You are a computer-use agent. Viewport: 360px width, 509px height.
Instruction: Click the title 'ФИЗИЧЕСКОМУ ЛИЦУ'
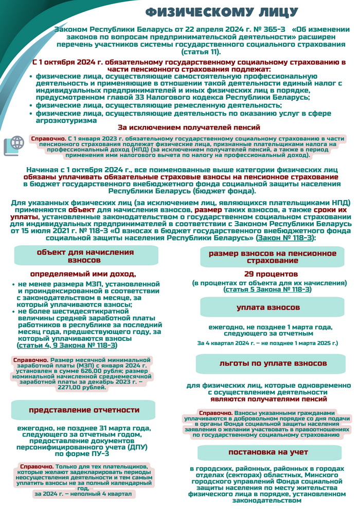pos(221,12)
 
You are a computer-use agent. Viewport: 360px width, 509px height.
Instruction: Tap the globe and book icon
pos(14,145)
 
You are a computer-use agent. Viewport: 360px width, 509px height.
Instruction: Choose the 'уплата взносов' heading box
pos(268,307)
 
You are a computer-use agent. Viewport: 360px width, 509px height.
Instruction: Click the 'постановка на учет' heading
pos(268,452)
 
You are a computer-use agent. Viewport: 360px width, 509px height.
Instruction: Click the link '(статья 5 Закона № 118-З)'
pos(267,290)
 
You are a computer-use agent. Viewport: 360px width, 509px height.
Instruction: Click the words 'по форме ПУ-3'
pos(82,453)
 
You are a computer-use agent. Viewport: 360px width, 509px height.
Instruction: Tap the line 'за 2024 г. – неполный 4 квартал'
pos(82,494)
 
